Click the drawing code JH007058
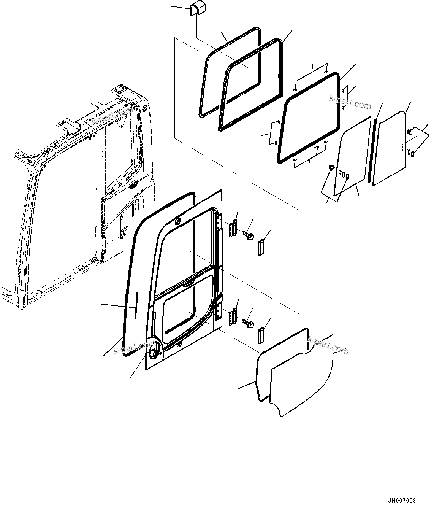(x=402, y=501)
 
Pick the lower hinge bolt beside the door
(x=249, y=323)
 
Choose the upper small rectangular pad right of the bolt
(x=261, y=247)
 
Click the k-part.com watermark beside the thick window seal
(x=350, y=103)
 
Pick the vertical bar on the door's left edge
(x=136, y=305)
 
